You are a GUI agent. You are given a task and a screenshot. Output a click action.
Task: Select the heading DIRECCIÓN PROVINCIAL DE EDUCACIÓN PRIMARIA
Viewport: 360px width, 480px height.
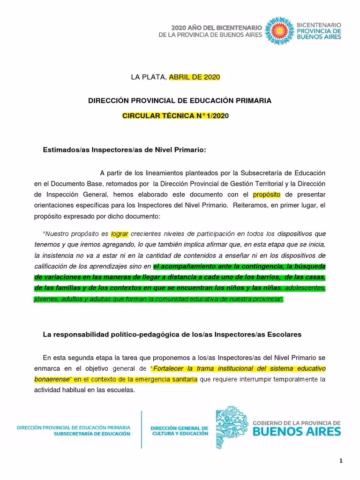coord(180,101)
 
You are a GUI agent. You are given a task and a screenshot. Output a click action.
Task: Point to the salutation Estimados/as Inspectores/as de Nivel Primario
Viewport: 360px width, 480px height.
coord(124,150)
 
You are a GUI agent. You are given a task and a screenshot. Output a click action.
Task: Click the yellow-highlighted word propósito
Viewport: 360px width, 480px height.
coord(265,194)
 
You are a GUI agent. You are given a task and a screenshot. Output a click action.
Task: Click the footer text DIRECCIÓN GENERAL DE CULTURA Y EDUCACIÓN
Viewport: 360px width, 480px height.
coord(179,431)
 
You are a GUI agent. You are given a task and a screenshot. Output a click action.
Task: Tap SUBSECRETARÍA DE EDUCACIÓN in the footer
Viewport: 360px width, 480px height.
coord(92,434)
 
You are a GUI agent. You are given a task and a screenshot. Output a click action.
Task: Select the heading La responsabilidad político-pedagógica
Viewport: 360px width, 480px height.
coord(172,335)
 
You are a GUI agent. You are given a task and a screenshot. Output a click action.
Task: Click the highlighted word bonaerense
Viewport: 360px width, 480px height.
coord(52,378)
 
